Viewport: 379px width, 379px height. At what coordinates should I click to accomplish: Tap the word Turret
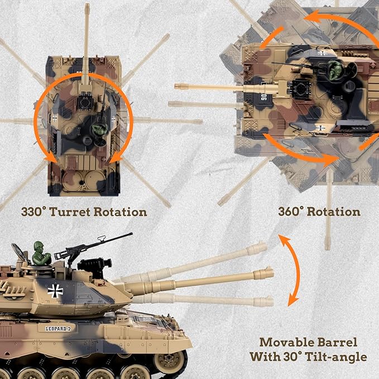tap(74, 212)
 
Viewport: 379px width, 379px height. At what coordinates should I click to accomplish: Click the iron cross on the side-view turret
tap(55, 290)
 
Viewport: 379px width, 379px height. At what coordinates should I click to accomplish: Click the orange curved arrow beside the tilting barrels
tap(291, 270)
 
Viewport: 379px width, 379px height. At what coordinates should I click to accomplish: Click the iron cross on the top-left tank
tap(55, 118)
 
